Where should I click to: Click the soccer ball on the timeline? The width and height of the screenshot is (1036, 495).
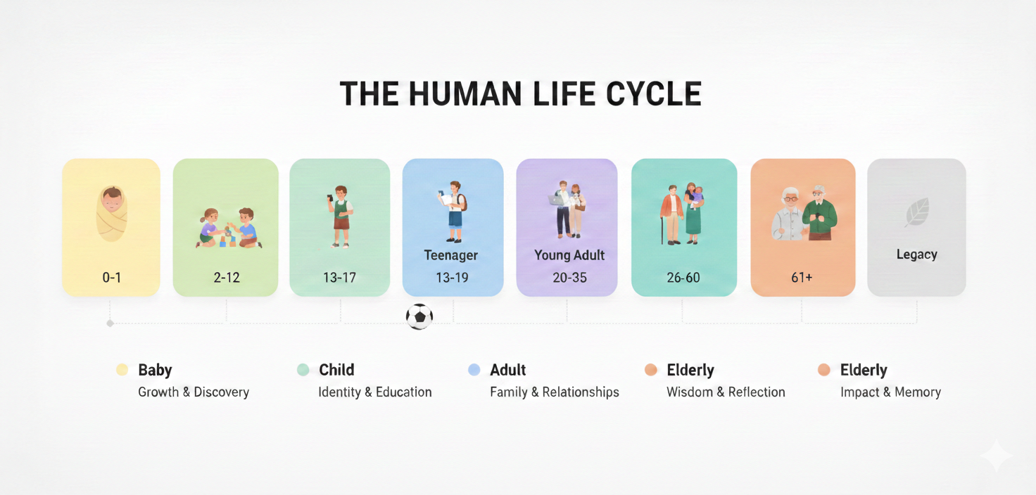tap(419, 316)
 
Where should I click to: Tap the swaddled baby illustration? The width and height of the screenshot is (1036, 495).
tap(111, 214)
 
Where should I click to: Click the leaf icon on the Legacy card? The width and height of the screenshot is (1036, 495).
tap(916, 212)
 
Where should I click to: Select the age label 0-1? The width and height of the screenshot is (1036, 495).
tap(111, 277)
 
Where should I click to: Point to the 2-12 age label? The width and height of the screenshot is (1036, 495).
tap(227, 277)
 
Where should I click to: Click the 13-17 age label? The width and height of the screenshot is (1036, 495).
tap(339, 277)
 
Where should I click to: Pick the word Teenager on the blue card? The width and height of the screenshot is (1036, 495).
tap(451, 255)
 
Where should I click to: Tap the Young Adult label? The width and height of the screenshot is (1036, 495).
tap(569, 255)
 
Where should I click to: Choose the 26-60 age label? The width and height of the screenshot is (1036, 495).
tap(683, 277)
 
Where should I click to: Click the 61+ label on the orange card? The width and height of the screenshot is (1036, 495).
tap(802, 277)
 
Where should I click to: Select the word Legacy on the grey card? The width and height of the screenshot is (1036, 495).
tap(916, 255)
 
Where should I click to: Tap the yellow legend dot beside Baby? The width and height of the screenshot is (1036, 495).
tap(122, 370)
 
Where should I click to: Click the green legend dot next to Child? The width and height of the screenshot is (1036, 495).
tap(303, 370)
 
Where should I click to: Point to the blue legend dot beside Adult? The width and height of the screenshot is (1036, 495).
tap(474, 370)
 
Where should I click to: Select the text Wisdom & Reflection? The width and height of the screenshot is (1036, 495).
tap(726, 392)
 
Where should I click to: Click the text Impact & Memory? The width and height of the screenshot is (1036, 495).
tap(890, 392)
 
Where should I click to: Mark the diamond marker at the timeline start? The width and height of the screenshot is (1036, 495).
tap(110, 323)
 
